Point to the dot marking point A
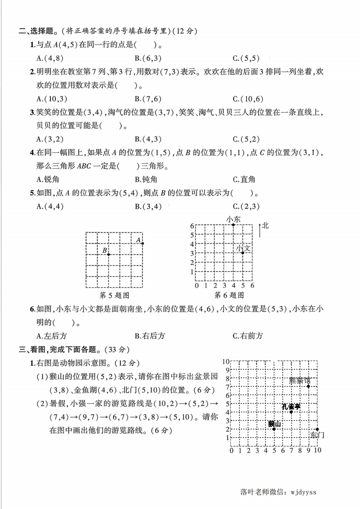coord(143,244)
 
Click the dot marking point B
coord(108,254)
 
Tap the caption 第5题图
coord(114,295)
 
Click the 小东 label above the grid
coord(233,219)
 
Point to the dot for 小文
coord(243,253)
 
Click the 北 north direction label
coord(265,225)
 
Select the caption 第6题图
coord(229,295)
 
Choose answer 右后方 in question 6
coord(150,336)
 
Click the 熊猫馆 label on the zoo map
coord(300,380)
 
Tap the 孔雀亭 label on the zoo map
coord(291,406)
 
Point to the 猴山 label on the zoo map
coord(274,424)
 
